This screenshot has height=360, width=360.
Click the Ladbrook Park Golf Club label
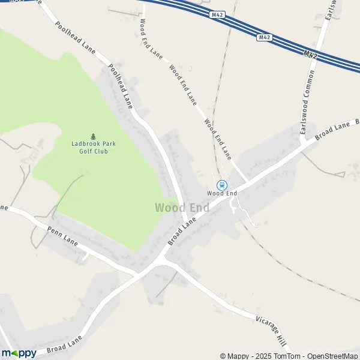tap(93, 148)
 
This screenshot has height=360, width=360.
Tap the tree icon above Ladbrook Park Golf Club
tap(93, 136)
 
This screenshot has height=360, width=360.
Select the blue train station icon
tap(221, 185)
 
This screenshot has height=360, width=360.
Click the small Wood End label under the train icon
tap(222, 193)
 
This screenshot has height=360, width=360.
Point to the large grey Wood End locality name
tap(182, 208)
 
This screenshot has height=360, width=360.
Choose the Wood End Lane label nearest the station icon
tap(217, 139)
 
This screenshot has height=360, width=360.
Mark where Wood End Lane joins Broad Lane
tap(247, 180)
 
